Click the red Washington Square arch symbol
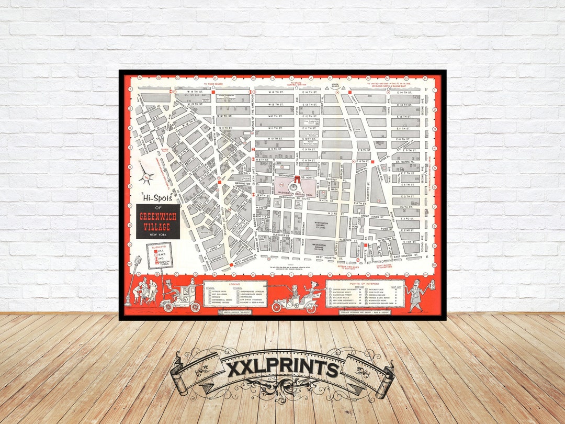point(297,181)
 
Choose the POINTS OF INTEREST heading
point(365,283)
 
